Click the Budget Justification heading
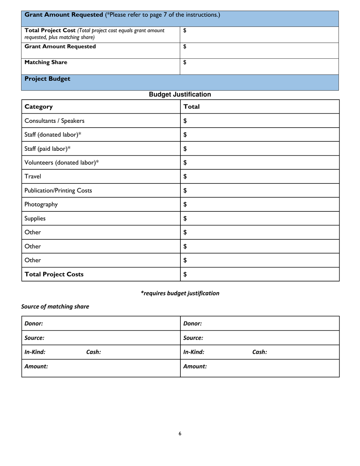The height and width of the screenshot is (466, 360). tap(180, 94)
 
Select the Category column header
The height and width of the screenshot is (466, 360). tap(39, 106)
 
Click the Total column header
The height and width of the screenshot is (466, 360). tap(191, 106)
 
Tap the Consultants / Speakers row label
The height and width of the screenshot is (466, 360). tap(54, 121)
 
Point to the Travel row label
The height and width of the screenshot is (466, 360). tap(33, 176)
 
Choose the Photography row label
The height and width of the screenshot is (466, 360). tap(41, 204)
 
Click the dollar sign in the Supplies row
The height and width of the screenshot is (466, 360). tap(185, 218)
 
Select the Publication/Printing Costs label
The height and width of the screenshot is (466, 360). tap(58, 191)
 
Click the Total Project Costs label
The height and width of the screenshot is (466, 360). tap(54, 274)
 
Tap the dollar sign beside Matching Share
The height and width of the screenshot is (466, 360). tap(185, 63)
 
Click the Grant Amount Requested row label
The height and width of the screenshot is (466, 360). tap(60, 47)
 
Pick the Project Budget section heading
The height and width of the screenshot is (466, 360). tap(47, 79)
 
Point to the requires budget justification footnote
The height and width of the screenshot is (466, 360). tap(180, 293)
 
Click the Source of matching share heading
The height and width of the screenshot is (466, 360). tap(55, 306)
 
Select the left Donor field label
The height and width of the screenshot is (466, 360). tap(33, 324)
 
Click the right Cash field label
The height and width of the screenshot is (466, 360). tap(260, 352)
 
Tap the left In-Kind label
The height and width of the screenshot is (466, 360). tap(35, 352)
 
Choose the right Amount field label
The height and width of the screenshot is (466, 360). tap(195, 366)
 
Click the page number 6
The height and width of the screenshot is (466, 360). tap(180, 434)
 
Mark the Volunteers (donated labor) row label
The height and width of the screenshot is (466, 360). tap(61, 163)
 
